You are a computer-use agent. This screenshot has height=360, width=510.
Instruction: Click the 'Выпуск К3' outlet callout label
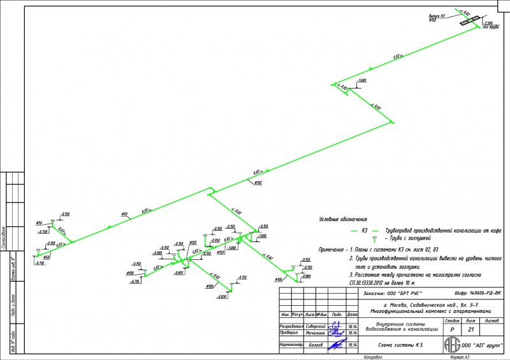point(437,16)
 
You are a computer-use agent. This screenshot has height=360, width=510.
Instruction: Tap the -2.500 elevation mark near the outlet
point(489,23)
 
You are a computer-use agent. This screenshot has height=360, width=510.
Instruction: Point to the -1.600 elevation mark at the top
point(362,80)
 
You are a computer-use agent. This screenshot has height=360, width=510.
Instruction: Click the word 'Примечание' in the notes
point(331,248)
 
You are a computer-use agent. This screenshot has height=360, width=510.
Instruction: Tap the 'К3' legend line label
point(365,229)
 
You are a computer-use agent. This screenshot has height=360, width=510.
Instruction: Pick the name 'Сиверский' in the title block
point(316,325)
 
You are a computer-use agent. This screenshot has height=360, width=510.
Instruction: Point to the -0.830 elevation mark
point(221,297)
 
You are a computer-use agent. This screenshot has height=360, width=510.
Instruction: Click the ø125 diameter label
point(192,243)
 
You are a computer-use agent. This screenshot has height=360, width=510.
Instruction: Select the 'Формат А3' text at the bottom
point(460,357)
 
